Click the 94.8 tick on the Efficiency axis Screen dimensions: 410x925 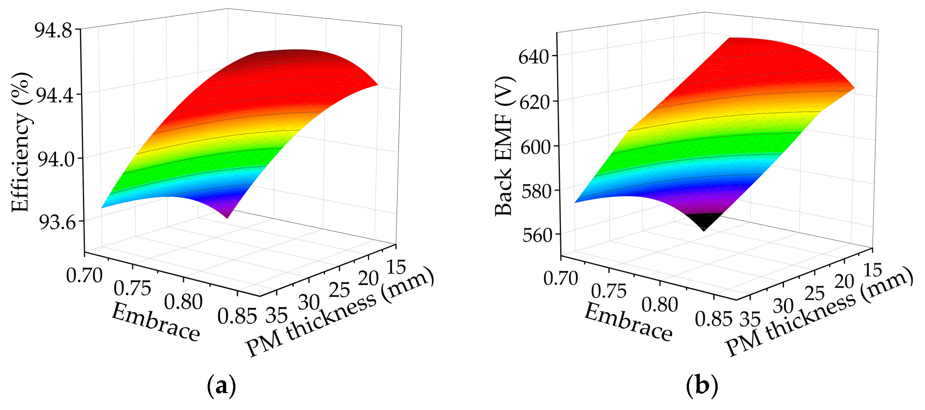(53, 31)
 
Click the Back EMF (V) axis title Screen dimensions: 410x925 (504, 146)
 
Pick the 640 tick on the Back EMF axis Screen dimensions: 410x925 (534, 57)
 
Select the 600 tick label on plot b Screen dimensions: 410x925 (535, 147)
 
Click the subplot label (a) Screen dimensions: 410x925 (222, 386)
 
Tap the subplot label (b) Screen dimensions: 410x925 (702, 386)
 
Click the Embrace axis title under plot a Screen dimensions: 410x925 (155, 322)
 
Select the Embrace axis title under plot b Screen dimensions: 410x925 (628, 322)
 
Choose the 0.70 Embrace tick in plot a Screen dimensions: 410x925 (84, 276)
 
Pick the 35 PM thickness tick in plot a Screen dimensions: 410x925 (276, 315)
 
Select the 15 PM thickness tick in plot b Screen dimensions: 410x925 (872, 270)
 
